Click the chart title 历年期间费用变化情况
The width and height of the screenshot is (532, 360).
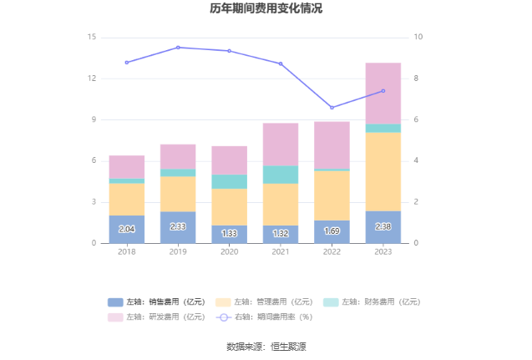coord(266,9)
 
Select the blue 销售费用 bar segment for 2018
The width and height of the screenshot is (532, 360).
coord(127,229)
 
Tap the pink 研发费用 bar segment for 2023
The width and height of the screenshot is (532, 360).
coord(383,94)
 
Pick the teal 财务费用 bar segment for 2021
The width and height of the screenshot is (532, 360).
coord(281,174)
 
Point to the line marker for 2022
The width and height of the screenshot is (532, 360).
coord(332,108)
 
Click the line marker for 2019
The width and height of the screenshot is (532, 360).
coord(178,48)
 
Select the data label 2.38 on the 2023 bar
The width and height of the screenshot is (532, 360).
coord(383,226)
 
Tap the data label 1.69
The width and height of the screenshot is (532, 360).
coord(332,231)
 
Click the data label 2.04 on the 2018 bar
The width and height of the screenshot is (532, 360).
coord(127,229)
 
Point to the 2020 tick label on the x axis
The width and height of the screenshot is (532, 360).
coord(230,251)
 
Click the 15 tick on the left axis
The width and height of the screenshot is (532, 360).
coord(92,38)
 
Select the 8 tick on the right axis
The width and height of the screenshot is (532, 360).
coord(418,79)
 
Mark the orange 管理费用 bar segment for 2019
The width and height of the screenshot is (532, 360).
coord(178,194)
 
